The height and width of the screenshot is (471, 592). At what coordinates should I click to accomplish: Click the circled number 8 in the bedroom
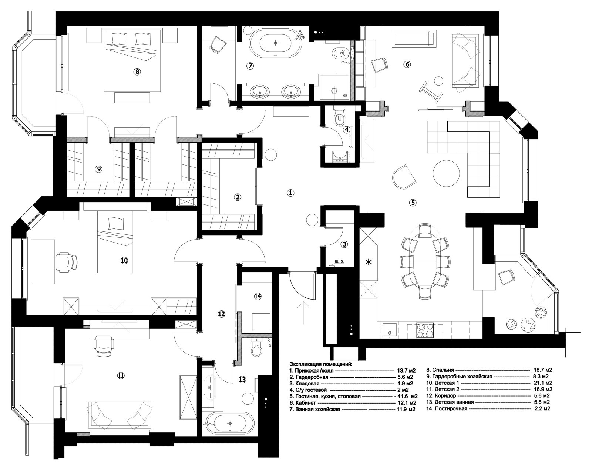(137, 72)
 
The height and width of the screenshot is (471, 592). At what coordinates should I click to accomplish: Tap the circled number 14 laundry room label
(258, 296)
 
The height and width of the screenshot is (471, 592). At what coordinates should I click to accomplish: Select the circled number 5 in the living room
(413, 203)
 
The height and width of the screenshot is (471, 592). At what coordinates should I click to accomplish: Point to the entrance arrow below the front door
(304, 313)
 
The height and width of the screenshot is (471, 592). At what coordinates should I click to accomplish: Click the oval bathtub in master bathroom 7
(275, 43)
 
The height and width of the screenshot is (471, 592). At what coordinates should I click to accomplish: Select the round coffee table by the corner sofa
(446, 174)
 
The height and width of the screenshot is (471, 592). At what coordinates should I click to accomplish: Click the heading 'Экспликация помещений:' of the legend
(321, 364)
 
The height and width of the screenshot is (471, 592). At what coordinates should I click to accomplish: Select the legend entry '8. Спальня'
(440, 370)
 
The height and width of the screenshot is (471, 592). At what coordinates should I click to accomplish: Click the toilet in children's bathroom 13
(257, 348)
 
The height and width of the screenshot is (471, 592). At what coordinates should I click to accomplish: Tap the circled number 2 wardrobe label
(238, 197)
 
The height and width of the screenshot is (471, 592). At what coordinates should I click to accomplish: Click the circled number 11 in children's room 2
(121, 375)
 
